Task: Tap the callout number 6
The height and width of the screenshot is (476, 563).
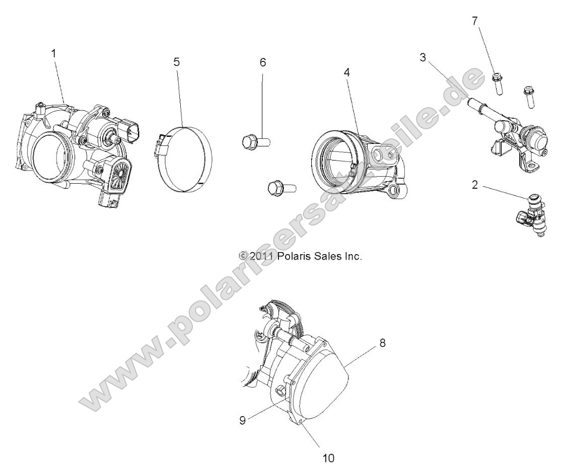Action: click(x=262, y=62)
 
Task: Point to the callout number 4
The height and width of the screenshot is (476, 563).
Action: click(x=346, y=72)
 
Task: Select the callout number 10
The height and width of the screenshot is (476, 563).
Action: click(x=327, y=458)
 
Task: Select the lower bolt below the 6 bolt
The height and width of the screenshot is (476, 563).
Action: click(x=281, y=188)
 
